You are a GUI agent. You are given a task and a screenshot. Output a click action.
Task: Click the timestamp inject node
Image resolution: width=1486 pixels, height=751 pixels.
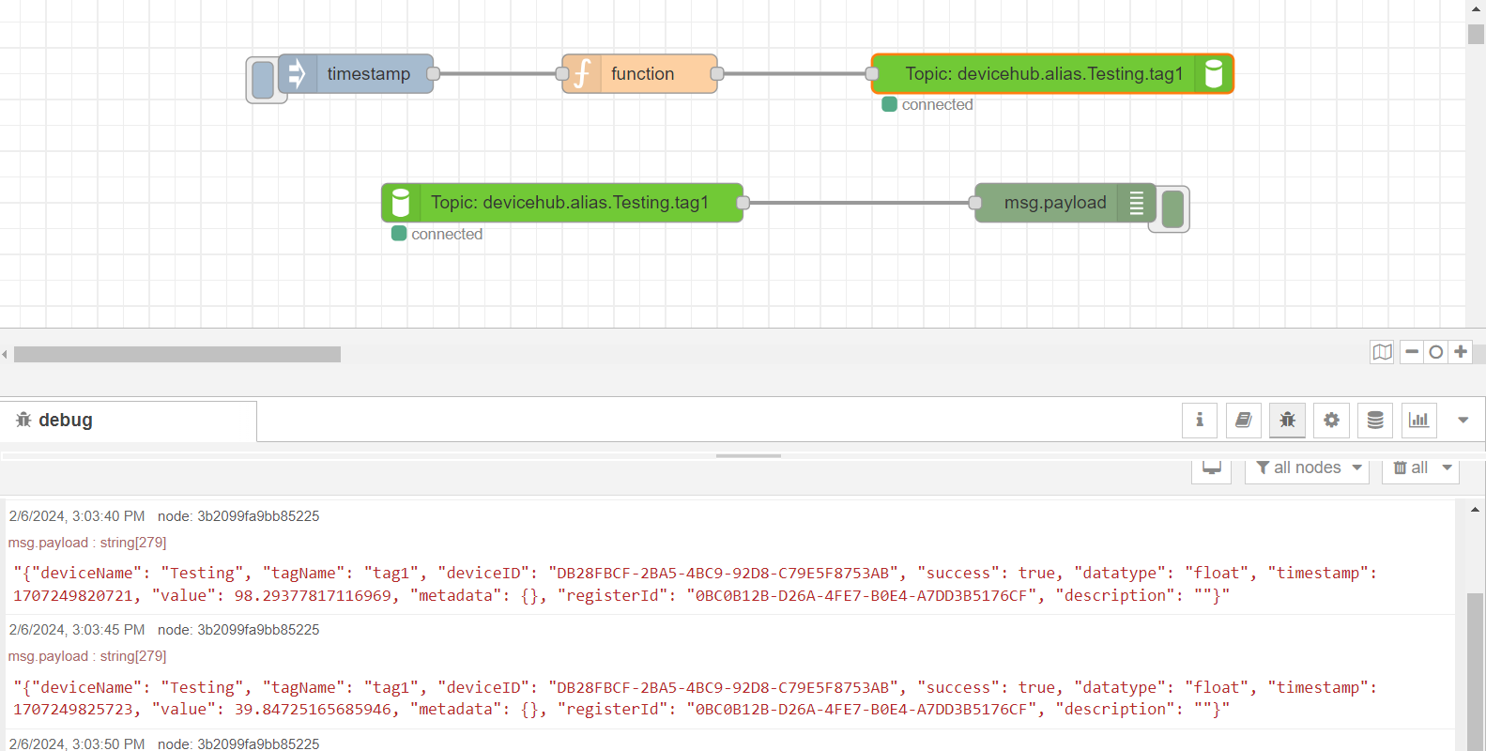tap(368, 74)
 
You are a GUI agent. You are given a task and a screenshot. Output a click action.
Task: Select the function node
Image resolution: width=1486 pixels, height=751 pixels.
tap(642, 74)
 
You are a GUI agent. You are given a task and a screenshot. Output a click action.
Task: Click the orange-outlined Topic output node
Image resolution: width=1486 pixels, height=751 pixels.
tap(1042, 74)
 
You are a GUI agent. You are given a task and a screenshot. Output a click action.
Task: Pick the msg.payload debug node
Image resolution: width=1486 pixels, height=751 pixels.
tap(1054, 203)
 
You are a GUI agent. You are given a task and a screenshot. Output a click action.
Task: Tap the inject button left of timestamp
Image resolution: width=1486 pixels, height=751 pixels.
tap(262, 81)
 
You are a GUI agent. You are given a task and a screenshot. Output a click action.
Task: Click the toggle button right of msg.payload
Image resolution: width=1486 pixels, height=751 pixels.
tap(1173, 208)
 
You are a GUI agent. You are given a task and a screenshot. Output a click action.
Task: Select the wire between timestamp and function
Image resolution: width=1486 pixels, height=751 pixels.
tap(498, 74)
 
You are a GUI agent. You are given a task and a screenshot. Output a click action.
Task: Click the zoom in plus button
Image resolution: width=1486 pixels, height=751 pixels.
tap(1461, 352)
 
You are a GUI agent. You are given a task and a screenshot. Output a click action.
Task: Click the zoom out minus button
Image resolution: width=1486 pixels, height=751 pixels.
tap(1412, 352)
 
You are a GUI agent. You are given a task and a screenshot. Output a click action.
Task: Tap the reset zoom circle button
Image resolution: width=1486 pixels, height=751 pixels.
tap(1436, 352)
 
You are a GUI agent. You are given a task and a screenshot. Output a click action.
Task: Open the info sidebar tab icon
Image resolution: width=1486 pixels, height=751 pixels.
tap(1200, 420)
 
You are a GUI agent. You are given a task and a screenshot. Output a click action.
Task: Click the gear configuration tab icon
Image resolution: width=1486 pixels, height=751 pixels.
tap(1331, 420)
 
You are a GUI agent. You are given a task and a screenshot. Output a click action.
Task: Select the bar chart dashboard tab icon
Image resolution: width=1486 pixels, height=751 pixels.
tap(1418, 420)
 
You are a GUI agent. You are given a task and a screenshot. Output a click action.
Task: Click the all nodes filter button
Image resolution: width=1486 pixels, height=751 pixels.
tap(1307, 467)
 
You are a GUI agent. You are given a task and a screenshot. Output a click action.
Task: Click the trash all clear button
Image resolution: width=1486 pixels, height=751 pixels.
tap(1411, 467)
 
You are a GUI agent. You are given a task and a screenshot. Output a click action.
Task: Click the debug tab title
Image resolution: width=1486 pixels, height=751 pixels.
tap(65, 420)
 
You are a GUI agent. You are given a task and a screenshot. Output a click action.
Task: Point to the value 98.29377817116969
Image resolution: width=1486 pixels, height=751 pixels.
tap(313, 596)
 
